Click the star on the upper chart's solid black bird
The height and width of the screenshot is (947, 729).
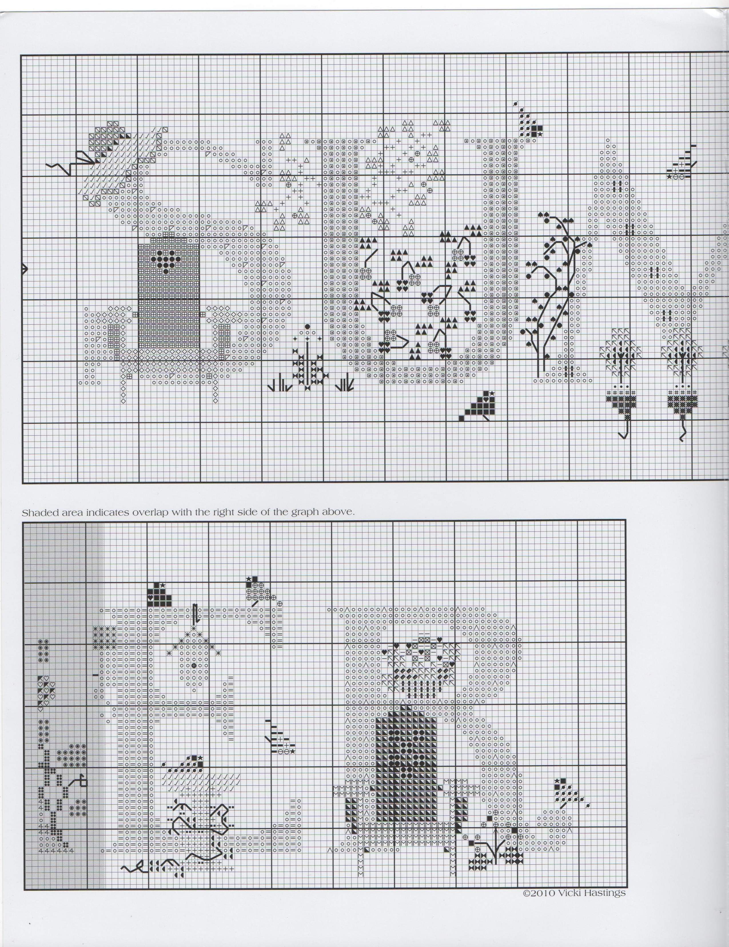(x=492, y=393)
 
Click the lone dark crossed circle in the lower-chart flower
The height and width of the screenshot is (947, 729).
(x=194, y=678)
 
